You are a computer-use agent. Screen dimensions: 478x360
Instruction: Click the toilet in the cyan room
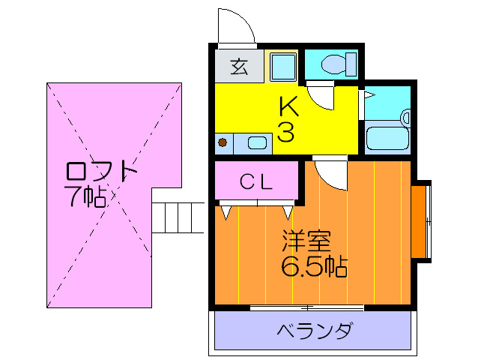coord(339,64)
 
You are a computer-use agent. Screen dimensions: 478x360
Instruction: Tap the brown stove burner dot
coord(223,142)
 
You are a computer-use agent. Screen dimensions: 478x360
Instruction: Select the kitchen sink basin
coord(258,142)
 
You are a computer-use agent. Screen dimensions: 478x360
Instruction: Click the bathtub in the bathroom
coord(387,138)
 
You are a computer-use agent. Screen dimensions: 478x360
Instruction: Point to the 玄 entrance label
coord(239,66)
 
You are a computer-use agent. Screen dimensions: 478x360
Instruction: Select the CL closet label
coord(255,181)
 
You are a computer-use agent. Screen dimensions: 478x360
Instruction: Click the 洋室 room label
coord(306,241)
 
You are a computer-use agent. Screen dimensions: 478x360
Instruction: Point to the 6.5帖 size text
coord(314,266)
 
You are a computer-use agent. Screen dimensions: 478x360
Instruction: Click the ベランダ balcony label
coord(315,330)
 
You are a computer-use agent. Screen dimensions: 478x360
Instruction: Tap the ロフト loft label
coord(101,171)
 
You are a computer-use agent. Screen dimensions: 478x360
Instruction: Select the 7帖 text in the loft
coord(85,196)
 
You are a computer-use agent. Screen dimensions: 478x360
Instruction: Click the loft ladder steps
coord(178,217)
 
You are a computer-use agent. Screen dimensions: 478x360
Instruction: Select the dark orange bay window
coord(418,221)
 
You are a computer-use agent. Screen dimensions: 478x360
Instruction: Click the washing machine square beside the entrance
coord(284,67)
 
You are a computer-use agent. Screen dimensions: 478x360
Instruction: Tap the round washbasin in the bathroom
coord(406,118)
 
